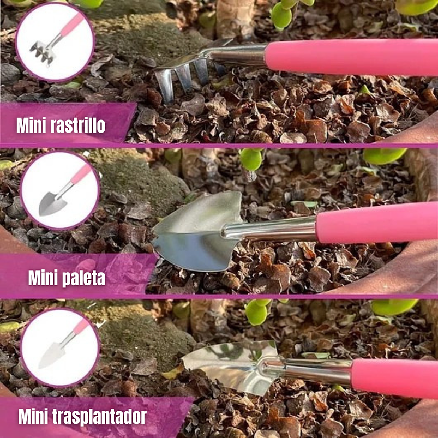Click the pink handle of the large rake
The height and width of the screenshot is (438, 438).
(x=349, y=57)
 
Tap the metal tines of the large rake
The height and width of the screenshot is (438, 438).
(x=183, y=79)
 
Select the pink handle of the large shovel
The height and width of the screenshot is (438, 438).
(x=376, y=223)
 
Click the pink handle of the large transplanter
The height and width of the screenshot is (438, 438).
(x=393, y=377)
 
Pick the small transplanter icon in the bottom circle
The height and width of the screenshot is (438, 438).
(x=52, y=355)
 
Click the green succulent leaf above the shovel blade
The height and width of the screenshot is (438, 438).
(x=251, y=159)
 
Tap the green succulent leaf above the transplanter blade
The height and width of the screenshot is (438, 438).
(x=256, y=313)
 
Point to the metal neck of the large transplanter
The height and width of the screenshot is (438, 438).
(x=316, y=371)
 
